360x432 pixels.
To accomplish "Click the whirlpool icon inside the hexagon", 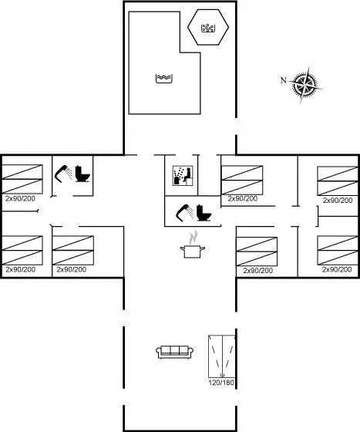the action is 208,28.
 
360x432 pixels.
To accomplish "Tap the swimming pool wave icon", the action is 164,79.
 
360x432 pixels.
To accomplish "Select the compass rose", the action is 305,84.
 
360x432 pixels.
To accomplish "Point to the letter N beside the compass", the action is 284,80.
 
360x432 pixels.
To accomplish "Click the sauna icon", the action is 183,176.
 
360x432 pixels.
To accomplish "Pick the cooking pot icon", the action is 193,251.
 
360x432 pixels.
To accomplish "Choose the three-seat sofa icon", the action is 174,352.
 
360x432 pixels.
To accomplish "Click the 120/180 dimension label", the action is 221,383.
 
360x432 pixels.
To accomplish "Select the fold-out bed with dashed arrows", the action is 221,356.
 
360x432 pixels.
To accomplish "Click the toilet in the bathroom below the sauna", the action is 204,213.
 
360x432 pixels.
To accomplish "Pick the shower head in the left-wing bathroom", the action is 63,174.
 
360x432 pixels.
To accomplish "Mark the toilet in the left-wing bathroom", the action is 82,174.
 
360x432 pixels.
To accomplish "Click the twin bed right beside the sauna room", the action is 242,181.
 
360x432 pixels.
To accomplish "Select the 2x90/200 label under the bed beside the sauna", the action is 243,199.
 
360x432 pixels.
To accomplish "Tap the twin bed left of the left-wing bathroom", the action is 22,179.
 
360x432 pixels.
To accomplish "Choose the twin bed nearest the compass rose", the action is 338,181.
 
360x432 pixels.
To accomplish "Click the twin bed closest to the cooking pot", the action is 257,251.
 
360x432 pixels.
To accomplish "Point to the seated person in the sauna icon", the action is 187,174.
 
